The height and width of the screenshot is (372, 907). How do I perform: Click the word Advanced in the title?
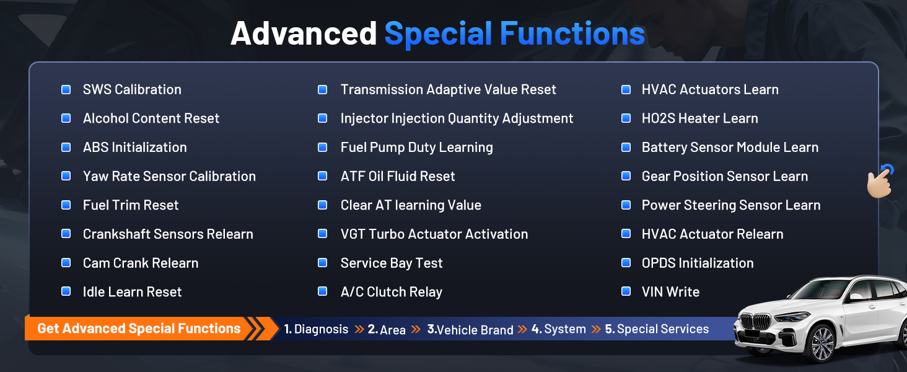[x=304, y=33]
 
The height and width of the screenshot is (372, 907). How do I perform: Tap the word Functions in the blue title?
[x=572, y=33]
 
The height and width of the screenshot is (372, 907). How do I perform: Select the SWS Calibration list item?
[x=132, y=89]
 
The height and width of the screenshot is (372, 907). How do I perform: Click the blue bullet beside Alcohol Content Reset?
[x=66, y=118]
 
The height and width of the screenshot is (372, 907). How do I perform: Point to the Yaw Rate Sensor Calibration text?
[x=169, y=176]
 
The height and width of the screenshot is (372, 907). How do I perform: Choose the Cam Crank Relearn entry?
[x=141, y=263]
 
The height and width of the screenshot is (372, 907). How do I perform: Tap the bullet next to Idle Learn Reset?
[x=66, y=291]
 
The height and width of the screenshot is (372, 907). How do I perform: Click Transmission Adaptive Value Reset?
[x=449, y=89]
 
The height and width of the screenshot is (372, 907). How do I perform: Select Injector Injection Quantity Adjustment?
[x=457, y=118]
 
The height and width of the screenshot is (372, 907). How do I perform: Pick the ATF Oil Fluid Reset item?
[x=398, y=176]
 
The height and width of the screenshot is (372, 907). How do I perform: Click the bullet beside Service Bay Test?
[x=323, y=263]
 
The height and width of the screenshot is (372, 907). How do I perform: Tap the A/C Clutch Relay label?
[x=391, y=292]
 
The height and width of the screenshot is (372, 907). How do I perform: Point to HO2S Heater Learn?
[x=699, y=118]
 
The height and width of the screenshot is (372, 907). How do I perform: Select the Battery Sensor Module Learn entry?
[x=730, y=147]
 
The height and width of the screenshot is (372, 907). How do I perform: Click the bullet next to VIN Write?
[x=626, y=291]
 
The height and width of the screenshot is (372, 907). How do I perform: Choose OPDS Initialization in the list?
[x=698, y=263]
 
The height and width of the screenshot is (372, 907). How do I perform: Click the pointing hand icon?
[x=880, y=183]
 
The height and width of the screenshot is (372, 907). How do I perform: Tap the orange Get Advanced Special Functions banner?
[x=146, y=328]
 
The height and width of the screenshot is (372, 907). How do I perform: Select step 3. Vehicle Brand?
[x=470, y=329]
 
